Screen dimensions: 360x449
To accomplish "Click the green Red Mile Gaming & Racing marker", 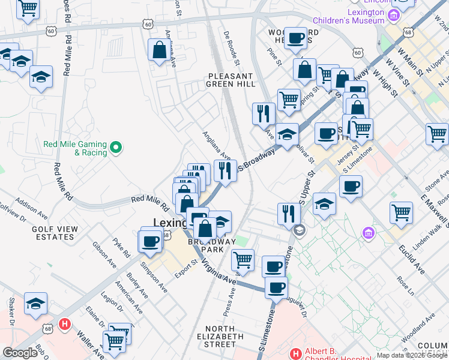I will pyautogui.click(x=118, y=146).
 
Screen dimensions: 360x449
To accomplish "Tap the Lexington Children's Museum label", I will pyautogui.click(x=366, y=16).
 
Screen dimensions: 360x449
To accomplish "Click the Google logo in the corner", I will pyautogui.click(x=20, y=353).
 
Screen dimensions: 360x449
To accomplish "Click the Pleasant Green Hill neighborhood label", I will pyautogui.click(x=231, y=80).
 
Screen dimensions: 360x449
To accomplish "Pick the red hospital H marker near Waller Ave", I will pyautogui.click(x=65, y=325).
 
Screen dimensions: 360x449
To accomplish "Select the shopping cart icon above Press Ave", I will pyautogui.click(x=243, y=260).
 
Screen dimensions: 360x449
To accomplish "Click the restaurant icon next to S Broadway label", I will pyautogui.click(x=225, y=170).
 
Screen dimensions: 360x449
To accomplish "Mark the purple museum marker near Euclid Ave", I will pyautogui.click(x=369, y=232).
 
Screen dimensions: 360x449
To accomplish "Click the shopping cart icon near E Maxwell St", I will pyautogui.click(x=400, y=212).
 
